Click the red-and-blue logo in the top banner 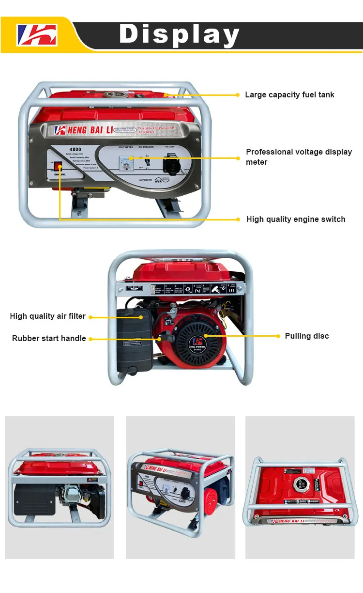click(37, 35)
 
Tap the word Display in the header click(180, 34)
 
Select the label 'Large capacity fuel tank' click(289, 94)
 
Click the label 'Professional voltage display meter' click(299, 156)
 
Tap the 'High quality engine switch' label click(296, 219)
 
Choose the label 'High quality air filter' click(47, 316)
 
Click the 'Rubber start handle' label click(49, 338)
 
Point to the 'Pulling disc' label click(306, 336)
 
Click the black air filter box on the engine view click(135, 339)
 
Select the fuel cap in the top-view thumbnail click(301, 484)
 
